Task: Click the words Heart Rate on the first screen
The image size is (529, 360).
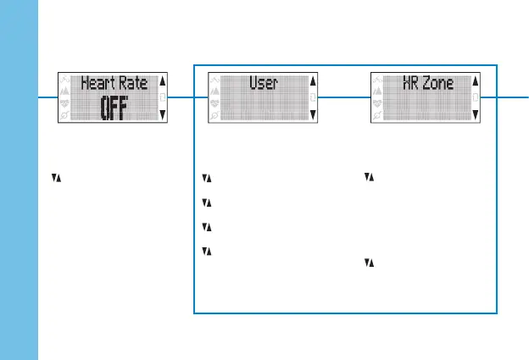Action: coord(114,83)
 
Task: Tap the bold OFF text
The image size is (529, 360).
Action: coord(113,108)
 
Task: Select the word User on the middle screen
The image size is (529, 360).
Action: coord(264,83)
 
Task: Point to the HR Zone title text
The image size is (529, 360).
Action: coord(427,83)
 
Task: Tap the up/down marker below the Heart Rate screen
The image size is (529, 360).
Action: coord(55,178)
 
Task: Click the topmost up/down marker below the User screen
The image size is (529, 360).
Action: coord(205,178)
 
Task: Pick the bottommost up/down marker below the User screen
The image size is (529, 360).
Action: coord(205,251)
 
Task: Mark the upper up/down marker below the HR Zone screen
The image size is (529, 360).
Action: coord(367,178)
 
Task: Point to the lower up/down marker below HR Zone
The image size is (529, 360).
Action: coord(367,263)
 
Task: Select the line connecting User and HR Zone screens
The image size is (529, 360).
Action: coord(344,97)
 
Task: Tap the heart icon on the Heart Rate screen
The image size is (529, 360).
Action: coord(66,100)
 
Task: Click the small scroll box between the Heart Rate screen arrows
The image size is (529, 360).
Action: coord(163,97)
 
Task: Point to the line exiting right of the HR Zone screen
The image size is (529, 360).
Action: coord(504,97)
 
